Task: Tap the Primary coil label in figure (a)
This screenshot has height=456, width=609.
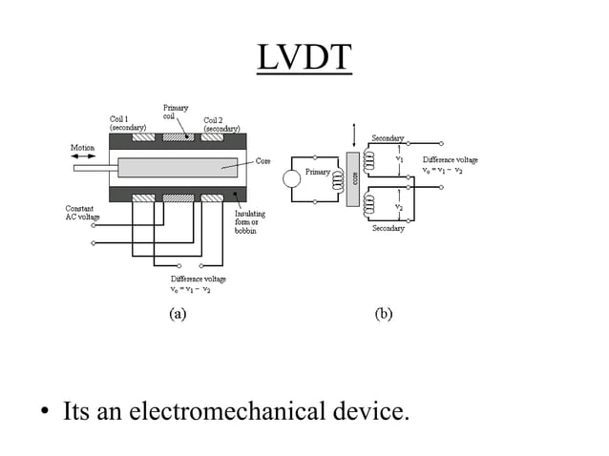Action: pos(176,113)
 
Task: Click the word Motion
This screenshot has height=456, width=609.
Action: pos(83,148)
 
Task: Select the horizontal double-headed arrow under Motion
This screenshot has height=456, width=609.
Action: pos(83,157)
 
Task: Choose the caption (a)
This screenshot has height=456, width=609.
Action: pos(178,314)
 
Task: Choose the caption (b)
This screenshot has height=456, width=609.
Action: pos(384,314)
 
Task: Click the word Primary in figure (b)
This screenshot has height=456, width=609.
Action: pos(317,172)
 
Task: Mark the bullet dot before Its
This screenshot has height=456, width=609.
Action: pos(44,414)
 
